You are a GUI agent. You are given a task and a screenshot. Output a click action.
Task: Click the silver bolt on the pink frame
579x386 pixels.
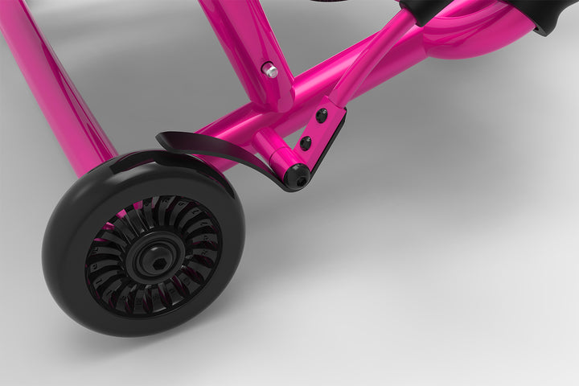pyautogui.click(x=271, y=71)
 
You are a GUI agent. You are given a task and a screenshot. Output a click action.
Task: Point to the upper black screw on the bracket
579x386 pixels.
pyautogui.click(x=322, y=116)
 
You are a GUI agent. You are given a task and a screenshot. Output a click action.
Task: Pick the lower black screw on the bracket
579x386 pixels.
pyautogui.click(x=306, y=143)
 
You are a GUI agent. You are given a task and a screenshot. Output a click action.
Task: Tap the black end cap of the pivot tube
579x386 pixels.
pyautogui.click(x=298, y=176)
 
